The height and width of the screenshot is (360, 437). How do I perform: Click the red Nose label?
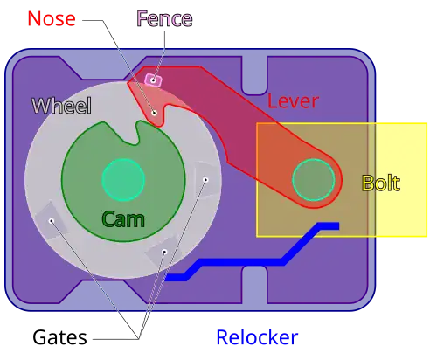52,18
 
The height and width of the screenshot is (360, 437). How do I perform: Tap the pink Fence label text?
164,18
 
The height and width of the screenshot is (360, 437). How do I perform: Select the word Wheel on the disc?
61,106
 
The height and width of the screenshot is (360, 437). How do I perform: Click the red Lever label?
293,101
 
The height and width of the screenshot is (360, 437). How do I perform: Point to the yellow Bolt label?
381,183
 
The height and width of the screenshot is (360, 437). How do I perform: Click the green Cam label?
123,219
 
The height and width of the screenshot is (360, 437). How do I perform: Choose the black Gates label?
59,337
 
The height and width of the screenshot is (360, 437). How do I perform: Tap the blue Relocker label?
257,337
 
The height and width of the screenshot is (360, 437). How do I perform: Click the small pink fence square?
153,80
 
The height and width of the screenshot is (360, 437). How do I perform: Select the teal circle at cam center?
123,180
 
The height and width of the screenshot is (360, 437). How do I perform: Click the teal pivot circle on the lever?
314,180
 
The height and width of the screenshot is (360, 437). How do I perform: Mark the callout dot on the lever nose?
155,113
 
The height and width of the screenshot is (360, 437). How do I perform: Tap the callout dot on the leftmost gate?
52,221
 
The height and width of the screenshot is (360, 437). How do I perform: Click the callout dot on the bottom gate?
164,252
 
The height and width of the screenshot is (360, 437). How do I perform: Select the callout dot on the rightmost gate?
205,180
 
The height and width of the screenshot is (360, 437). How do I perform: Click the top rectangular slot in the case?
254,75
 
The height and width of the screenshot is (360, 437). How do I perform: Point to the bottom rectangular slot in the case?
254,285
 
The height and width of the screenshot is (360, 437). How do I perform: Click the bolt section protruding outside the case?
401,180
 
